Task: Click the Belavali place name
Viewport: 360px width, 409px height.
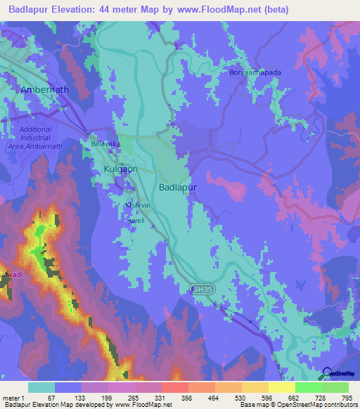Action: pyautogui.click(x=103, y=143)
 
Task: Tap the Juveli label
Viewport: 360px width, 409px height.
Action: pyautogui.click(x=134, y=219)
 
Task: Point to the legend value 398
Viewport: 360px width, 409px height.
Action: pyautogui.click(x=188, y=397)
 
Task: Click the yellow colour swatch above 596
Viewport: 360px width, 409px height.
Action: pyautogui.click(x=255, y=387)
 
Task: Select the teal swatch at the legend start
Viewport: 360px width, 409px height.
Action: pyautogui.click(x=41, y=387)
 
